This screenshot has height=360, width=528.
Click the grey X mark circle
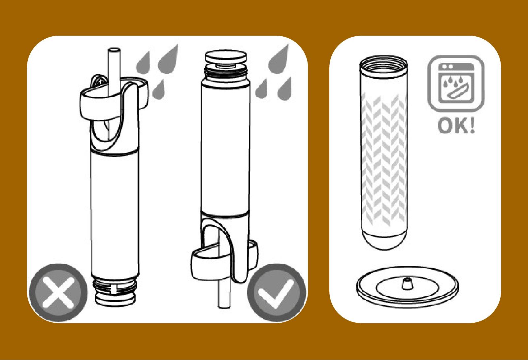pyautogui.click(x=58, y=293)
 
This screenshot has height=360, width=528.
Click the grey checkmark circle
pyautogui.click(x=277, y=293)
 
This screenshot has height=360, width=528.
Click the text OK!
pyautogui.click(x=456, y=126)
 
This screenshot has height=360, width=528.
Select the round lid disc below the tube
pyautogui.click(x=407, y=287)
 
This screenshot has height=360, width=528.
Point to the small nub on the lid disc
pyautogui.click(x=406, y=284)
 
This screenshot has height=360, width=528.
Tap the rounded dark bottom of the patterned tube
pyautogui.click(x=384, y=240)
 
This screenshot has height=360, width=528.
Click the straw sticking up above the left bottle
pyautogui.click(x=114, y=71)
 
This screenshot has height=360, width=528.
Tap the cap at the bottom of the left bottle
pyautogui.click(x=115, y=300)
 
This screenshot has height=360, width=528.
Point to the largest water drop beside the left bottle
pyautogui.click(x=168, y=59)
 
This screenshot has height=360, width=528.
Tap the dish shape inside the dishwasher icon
pyautogui.click(x=456, y=92)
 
